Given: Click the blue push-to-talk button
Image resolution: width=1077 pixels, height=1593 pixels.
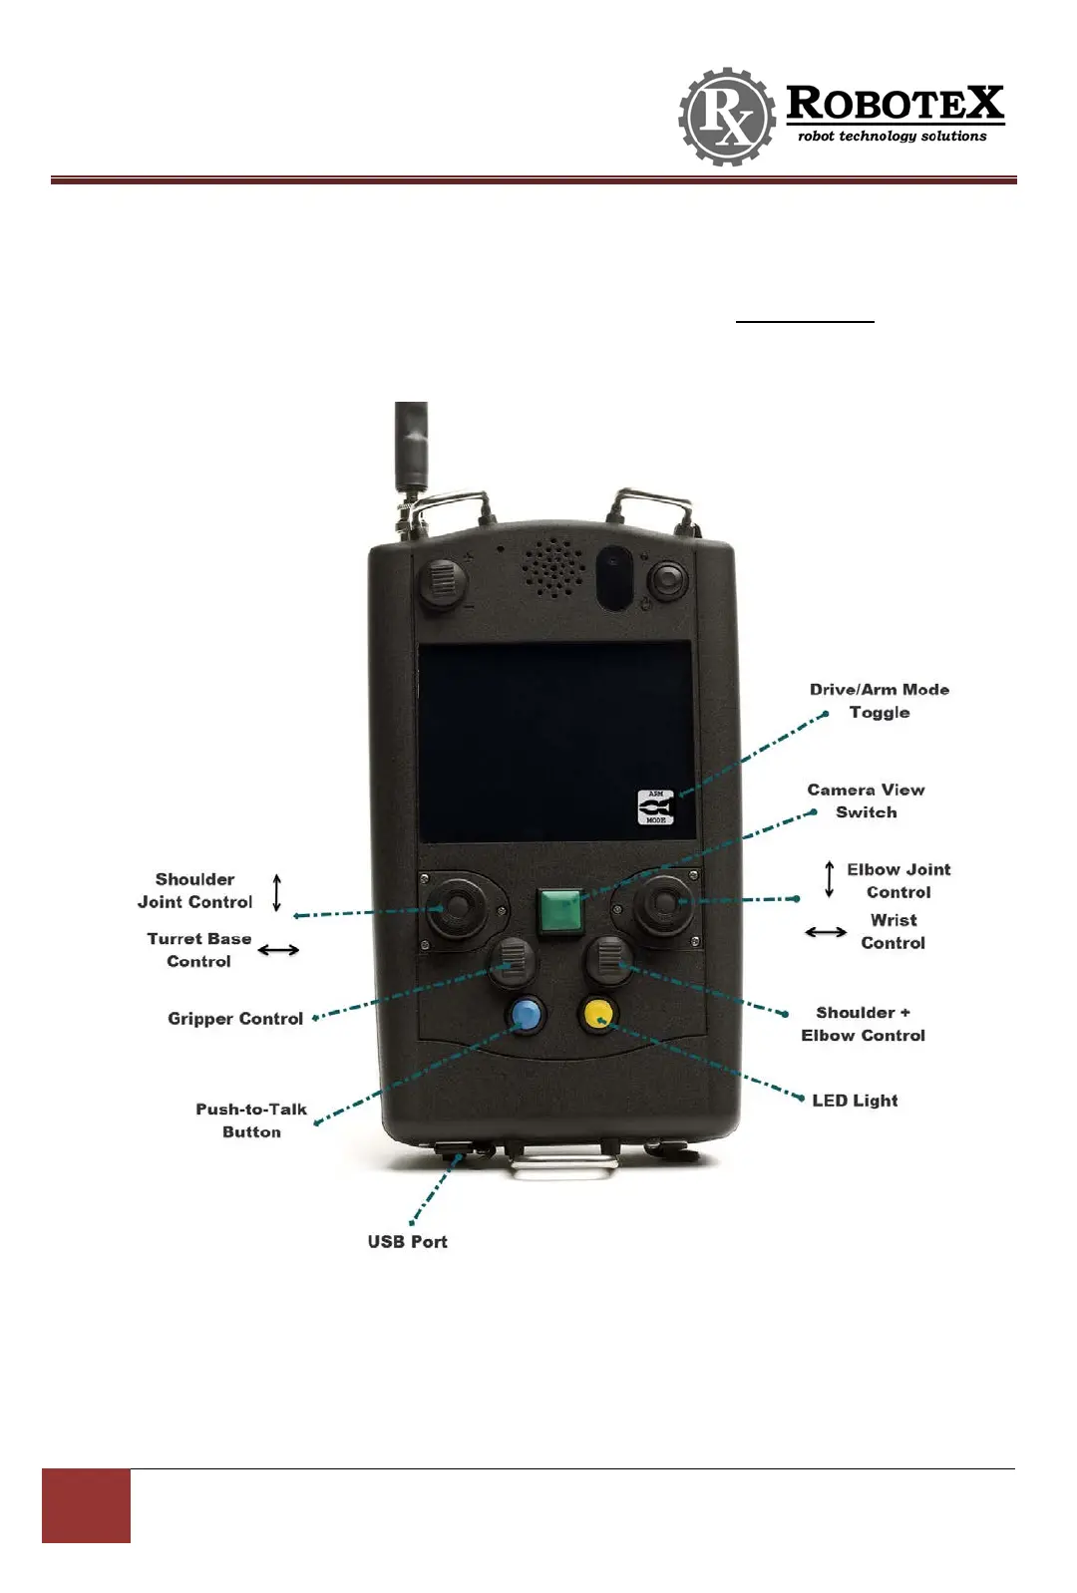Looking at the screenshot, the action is point(526,1015).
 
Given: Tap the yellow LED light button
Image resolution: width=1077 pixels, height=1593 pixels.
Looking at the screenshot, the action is point(598,1014).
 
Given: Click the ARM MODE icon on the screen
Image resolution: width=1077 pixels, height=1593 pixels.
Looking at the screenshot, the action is point(656,807).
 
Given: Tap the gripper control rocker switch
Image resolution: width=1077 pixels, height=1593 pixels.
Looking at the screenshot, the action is point(513,959).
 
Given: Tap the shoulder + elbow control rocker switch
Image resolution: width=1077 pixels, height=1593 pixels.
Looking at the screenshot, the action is point(609,959).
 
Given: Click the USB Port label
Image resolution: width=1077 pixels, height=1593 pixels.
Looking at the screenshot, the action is point(407,1242).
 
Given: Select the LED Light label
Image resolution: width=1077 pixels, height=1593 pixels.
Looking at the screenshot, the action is point(855,1101).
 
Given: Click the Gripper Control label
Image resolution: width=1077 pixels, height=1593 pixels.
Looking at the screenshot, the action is point(235,1019).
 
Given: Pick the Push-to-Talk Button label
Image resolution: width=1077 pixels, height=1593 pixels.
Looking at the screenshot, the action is point(251,1120).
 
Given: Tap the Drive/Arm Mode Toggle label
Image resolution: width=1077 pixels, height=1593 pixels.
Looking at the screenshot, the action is point(880,701).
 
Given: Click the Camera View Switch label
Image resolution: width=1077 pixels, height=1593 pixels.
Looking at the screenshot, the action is point(866,801).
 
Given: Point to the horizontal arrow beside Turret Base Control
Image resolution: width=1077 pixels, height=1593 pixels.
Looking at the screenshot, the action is point(278,950).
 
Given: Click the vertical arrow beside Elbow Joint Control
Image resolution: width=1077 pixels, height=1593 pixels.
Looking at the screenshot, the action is point(829,879).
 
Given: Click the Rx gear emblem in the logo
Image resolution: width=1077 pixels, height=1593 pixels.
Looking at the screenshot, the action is point(727,117).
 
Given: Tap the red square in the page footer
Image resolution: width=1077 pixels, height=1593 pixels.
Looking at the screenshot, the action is point(86,1505).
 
